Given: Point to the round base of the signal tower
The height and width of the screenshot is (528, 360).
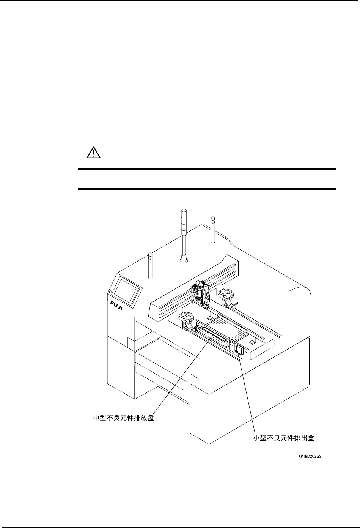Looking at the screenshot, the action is click(184, 260).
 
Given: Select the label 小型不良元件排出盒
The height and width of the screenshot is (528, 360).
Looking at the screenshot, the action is click(284, 438).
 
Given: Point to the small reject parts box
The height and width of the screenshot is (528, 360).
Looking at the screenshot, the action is click(239, 349).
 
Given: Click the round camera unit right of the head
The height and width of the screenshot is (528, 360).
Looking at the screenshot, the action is click(228, 293).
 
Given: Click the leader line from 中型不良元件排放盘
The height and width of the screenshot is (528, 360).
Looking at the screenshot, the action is click(182, 376).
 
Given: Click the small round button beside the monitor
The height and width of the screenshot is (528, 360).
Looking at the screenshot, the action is click(110, 292).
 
